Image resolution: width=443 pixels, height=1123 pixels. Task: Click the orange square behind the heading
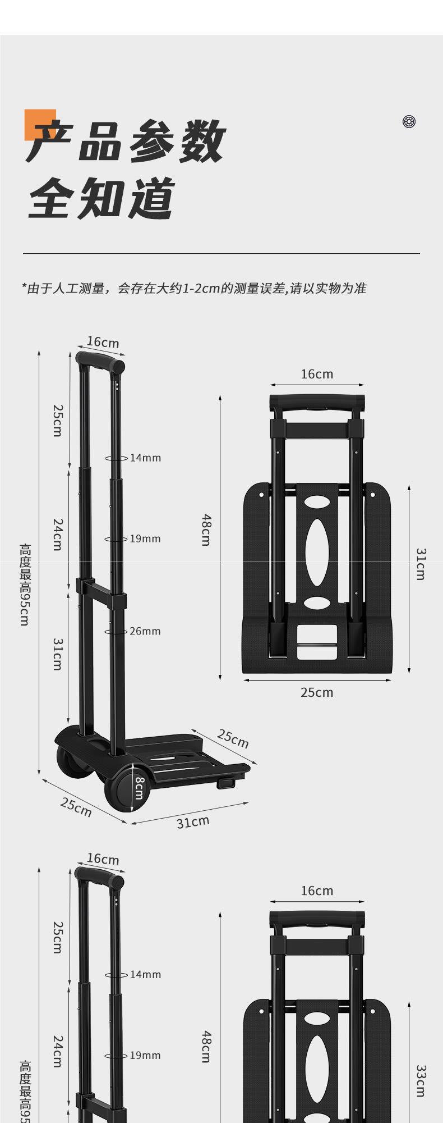40,124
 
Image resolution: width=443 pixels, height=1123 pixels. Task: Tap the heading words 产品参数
126,141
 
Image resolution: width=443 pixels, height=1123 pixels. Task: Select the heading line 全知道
101,198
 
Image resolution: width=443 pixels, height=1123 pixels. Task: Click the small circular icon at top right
409,121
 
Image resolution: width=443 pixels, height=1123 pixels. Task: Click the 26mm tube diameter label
145,631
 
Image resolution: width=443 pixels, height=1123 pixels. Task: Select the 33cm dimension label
421,1081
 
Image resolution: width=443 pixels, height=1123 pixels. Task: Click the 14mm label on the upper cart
145,458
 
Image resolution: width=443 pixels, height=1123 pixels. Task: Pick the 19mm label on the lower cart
145,1056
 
